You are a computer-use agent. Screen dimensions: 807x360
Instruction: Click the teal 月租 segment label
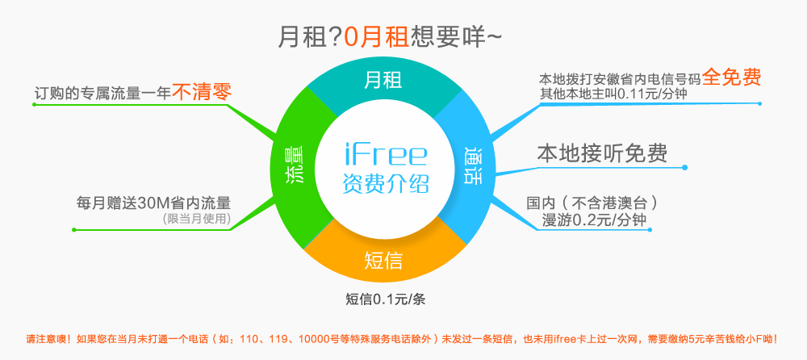(x=383, y=81)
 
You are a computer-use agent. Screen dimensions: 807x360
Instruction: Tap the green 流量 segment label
(x=294, y=165)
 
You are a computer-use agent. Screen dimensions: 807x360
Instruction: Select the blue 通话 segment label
(x=472, y=165)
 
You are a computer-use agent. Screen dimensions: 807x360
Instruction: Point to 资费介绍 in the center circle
(x=386, y=183)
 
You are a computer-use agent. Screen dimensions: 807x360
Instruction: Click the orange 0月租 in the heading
(x=376, y=38)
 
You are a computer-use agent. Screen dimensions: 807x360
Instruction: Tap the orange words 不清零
(x=201, y=93)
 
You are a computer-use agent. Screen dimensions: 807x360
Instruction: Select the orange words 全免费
(x=731, y=77)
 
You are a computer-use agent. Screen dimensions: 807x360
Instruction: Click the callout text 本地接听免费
(x=602, y=153)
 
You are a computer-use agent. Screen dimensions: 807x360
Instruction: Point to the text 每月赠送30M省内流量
(x=153, y=203)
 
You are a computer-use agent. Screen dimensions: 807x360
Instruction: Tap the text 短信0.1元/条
(x=386, y=299)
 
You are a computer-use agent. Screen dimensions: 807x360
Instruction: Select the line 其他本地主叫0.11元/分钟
(x=613, y=94)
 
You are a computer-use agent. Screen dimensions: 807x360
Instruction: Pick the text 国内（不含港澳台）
(x=592, y=203)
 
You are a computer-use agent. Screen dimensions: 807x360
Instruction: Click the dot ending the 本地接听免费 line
(x=684, y=167)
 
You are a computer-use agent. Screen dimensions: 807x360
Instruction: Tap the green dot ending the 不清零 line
(x=34, y=105)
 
